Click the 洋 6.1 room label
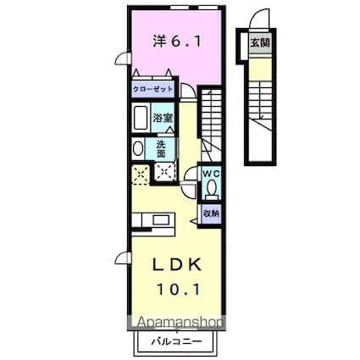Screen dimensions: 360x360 click(178, 39)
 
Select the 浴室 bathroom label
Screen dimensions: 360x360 click(163, 119)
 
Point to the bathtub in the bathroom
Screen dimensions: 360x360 click(141, 118)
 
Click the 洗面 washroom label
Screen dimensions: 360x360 click(161, 149)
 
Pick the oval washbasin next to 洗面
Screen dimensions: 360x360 click(139, 149)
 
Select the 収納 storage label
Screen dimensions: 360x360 click(211, 213)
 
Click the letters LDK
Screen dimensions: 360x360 click(177, 264)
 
